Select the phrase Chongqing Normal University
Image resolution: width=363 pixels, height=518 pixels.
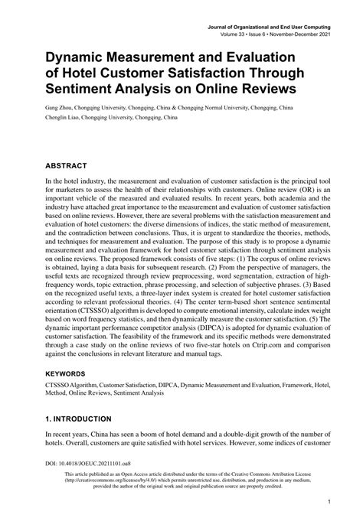click(246, 109)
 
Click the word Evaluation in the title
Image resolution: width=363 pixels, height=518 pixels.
click(256, 57)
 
